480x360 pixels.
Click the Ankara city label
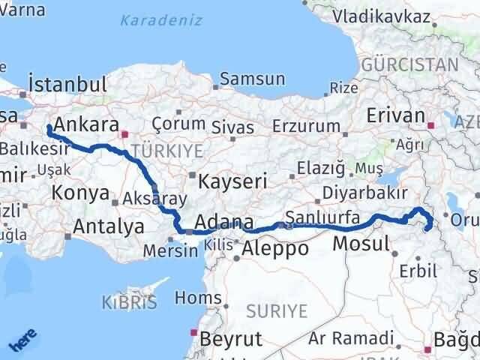pos(87,124)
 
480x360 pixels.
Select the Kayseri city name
pos(232,181)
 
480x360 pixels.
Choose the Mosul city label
pos(361,243)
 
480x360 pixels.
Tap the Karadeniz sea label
pos(161,20)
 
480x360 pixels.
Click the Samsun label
pos(252,79)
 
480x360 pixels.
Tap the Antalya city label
pos(109,226)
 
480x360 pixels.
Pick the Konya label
pos(81,193)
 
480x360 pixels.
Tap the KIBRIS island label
pos(129,303)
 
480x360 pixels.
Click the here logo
pos(23,342)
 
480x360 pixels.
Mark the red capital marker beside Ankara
pos(124,135)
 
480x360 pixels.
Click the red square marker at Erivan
pos(430,125)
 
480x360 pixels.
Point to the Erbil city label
pos(417,271)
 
